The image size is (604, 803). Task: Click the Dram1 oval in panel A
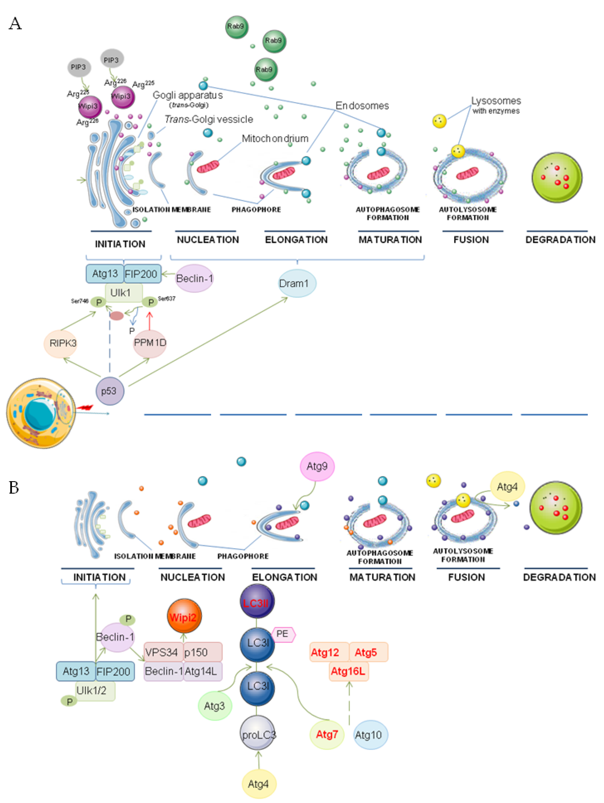click(297, 283)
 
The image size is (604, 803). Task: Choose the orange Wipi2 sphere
click(184, 617)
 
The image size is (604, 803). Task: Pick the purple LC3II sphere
click(257, 603)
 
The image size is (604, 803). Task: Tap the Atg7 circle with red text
click(327, 734)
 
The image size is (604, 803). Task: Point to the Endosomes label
click(362, 106)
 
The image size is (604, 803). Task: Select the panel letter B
click(14, 487)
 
